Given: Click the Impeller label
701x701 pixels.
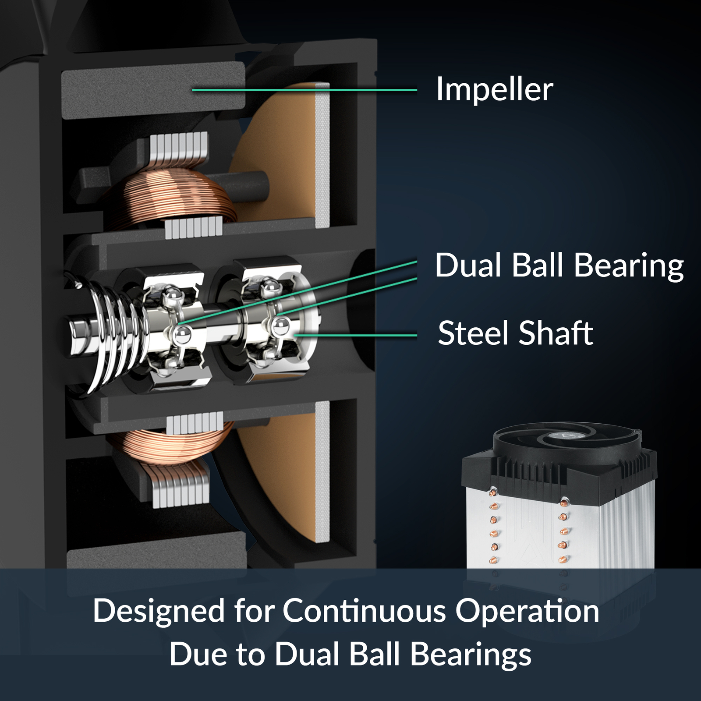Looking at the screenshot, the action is click(495, 90).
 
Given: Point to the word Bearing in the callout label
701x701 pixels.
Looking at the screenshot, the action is click(629, 266).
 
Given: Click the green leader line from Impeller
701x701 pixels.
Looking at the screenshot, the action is click(304, 90).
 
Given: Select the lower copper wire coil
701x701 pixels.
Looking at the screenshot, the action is click(175, 447).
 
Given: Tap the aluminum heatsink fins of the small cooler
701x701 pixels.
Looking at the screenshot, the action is click(561, 526).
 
